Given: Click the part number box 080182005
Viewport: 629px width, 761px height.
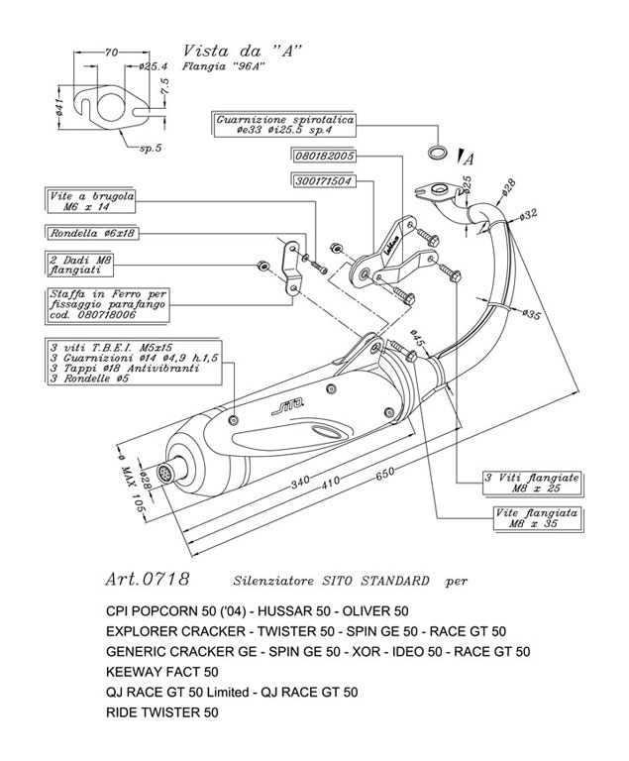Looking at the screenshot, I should pos(324,156).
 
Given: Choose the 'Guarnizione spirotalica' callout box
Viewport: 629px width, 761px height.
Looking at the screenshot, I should pos(282,123).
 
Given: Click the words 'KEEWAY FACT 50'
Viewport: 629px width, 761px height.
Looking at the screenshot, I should pos(161,672).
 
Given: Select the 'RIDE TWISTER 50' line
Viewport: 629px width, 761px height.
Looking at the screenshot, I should pos(161,711).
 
